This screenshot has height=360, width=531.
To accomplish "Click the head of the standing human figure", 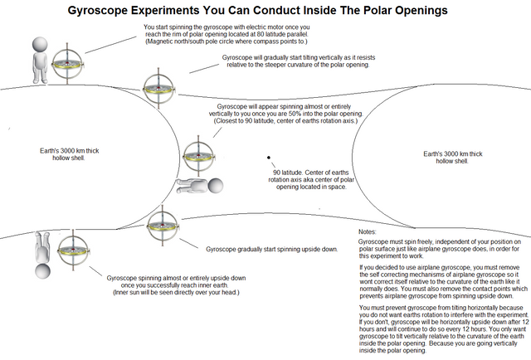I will pyautogui.click(x=39, y=45).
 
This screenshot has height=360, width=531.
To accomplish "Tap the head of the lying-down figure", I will pyautogui.click(x=217, y=186).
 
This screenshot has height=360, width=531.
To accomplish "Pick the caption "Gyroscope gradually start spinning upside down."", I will pyautogui.click(x=271, y=249).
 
